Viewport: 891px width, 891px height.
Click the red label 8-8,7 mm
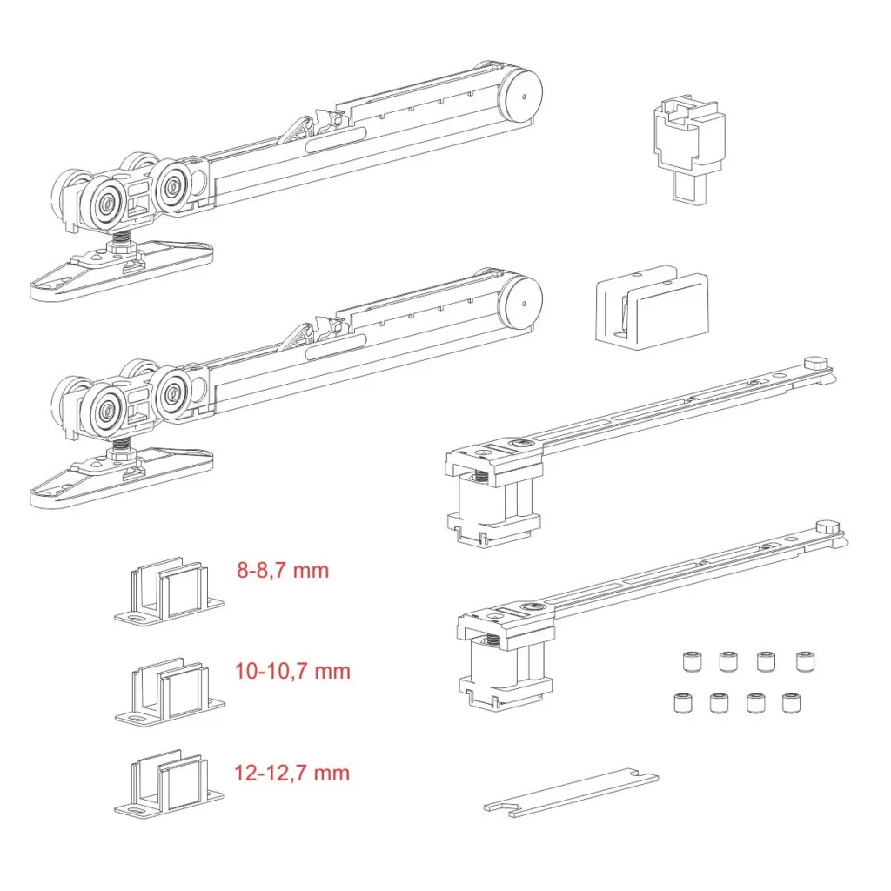(283, 570)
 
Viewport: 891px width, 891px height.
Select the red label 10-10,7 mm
(292, 671)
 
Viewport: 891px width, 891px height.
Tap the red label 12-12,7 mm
(292, 773)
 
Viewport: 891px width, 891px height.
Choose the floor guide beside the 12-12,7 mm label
(170, 783)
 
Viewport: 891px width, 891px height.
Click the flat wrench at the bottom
(571, 793)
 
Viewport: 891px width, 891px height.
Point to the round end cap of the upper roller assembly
(520, 94)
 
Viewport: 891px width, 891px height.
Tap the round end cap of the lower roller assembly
(520, 302)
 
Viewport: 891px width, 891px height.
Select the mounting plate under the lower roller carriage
(122, 478)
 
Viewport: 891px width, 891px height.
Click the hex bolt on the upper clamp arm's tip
(816, 364)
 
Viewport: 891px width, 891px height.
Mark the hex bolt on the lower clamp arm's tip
(828, 527)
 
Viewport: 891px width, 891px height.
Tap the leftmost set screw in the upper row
(691, 661)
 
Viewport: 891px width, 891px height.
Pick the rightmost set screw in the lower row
(790, 703)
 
